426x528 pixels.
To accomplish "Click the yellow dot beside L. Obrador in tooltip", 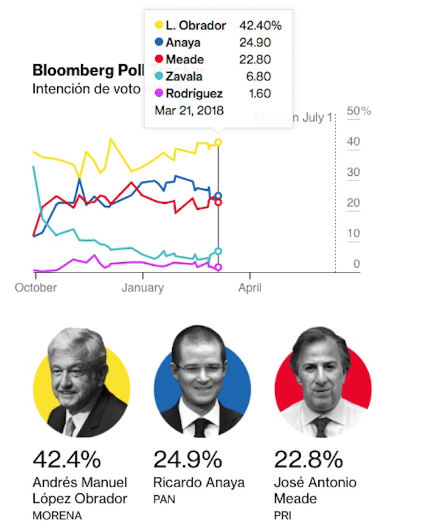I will tap(159, 26).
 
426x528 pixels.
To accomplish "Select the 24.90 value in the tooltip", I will tap(256, 43).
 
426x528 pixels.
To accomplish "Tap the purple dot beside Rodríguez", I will tap(159, 94).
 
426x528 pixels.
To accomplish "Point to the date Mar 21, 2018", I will tap(189, 111).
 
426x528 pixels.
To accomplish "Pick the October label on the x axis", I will tap(36, 287).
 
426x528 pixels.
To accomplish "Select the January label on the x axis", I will tap(142, 287).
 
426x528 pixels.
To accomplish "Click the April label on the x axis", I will tap(250, 287).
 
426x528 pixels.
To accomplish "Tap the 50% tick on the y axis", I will tap(358, 111).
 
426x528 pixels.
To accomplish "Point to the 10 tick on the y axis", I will tap(353, 234).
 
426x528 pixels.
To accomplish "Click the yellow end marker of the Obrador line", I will tap(218, 142).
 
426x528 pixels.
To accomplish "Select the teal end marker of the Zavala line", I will tap(218, 251).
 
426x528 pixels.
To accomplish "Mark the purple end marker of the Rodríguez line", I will tap(218, 267).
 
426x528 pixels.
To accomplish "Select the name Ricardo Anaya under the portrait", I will tap(199, 483).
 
